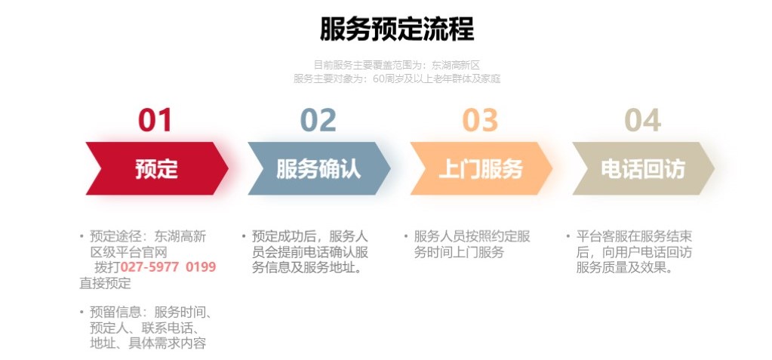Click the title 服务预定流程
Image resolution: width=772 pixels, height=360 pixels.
[397, 29]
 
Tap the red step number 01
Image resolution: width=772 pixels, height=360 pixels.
[155, 120]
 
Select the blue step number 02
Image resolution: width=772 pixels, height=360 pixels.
[318, 120]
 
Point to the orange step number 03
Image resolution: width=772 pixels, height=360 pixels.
[480, 120]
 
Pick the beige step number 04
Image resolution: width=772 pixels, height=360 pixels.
[642, 120]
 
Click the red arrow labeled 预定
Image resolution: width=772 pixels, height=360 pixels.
[157, 168]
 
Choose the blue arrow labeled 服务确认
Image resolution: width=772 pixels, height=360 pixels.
[319, 168]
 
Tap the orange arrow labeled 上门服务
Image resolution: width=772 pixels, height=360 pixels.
[481, 168]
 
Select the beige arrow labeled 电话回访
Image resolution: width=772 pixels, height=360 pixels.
[643, 168]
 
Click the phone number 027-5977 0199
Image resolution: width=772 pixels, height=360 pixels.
[168, 267]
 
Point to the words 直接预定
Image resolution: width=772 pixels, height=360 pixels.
[106, 283]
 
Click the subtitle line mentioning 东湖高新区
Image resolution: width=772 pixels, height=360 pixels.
[397, 65]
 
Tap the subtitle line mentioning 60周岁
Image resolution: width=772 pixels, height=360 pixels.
[397, 78]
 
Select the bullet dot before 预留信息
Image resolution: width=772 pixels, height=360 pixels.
[82, 312]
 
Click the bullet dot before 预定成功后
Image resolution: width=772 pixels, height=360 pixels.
[244, 236]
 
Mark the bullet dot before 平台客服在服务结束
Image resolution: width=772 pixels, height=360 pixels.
[568, 236]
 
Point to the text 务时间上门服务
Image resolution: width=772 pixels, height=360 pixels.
[459, 252]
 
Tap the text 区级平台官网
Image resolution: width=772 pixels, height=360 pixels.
[128, 252]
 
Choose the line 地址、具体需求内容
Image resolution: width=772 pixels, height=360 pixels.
[148, 343]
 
